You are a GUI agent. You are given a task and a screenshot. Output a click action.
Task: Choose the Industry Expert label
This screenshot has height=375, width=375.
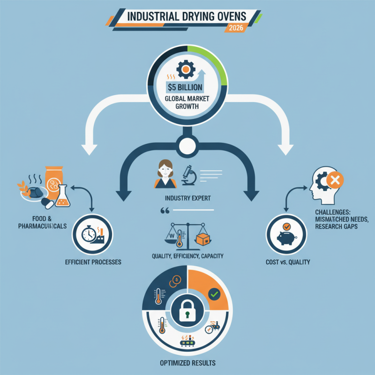pyautogui.click(x=187, y=198)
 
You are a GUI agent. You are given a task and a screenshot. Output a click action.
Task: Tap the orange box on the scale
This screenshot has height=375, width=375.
pyautogui.click(x=202, y=239)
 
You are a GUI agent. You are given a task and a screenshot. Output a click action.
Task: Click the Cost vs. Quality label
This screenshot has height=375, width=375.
pyautogui.click(x=286, y=262)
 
